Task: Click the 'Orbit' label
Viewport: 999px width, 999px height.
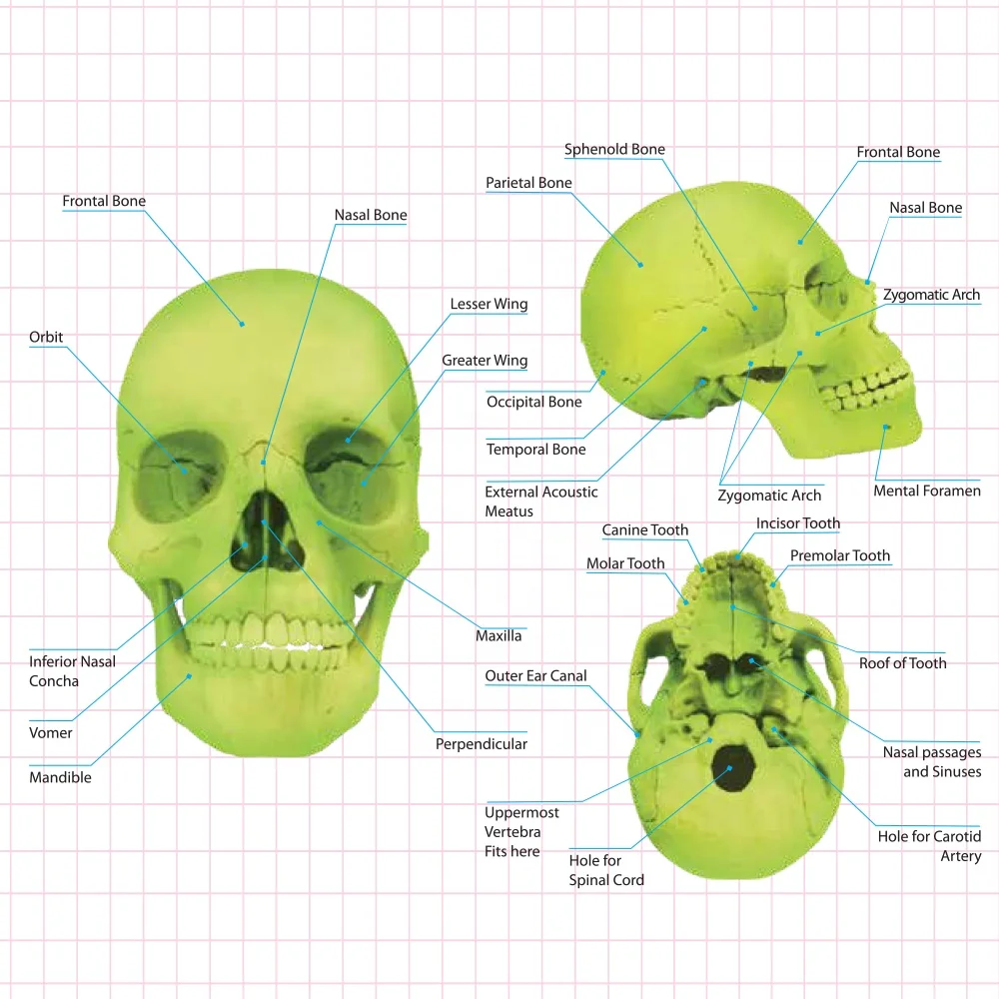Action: coord(46,338)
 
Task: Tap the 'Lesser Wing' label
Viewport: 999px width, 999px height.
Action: coord(489,305)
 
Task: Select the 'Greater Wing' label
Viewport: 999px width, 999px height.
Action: coord(485,361)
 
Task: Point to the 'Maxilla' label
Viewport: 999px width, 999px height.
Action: coord(499,635)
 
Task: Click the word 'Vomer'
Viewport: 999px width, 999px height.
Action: coord(51,732)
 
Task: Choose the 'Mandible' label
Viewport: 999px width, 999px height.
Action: coord(60,777)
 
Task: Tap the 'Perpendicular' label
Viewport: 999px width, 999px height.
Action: coord(481,743)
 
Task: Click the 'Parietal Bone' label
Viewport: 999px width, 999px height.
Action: coord(528,183)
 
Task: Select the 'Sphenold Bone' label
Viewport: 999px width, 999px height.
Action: coord(614,150)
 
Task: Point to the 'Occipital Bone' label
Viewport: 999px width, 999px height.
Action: coord(533,402)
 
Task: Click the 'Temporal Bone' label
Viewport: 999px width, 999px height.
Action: coord(535,450)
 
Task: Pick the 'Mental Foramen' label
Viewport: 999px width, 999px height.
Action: coord(927,491)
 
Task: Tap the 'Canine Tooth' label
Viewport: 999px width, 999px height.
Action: coord(644,530)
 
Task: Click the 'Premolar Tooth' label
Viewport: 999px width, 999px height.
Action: coord(839,555)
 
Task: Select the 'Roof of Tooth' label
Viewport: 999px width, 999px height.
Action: coord(902,662)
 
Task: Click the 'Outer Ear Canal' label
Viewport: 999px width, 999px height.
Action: coord(535,676)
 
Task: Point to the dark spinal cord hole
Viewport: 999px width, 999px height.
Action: coord(730,770)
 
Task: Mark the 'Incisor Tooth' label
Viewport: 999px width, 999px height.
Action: coord(798,523)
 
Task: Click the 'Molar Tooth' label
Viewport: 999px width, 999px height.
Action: coord(625,564)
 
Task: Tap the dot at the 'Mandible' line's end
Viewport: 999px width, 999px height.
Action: coord(191,676)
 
